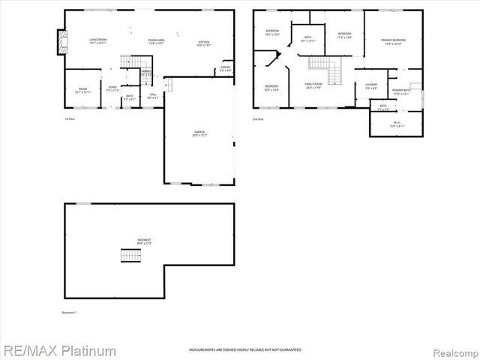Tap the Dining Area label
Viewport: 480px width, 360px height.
[x=156, y=40]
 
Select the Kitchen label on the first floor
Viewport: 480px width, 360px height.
[x=203, y=43]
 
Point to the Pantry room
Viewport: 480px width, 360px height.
[x=226, y=69]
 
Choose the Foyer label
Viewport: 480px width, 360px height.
[x=112, y=89]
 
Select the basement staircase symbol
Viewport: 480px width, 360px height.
[x=130, y=256]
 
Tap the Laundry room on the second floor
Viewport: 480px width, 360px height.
[x=370, y=85]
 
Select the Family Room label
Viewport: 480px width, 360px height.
[x=313, y=85]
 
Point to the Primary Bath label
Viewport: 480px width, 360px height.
[x=402, y=92]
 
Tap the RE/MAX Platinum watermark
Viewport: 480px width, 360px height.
[x=58, y=350]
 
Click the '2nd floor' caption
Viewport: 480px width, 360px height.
[x=259, y=118]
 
